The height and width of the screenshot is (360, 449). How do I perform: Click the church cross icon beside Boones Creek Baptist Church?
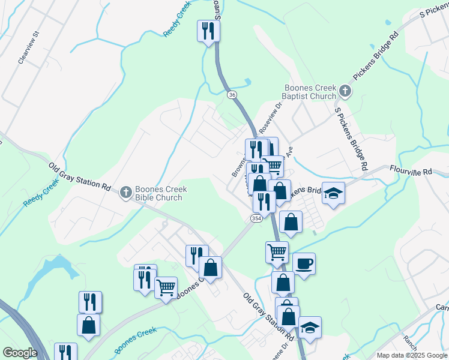[345, 91]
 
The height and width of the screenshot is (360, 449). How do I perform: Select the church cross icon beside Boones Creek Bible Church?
[125, 193]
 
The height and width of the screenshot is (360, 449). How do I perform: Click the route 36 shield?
[232, 94]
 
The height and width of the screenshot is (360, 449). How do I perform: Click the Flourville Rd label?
[411, 171]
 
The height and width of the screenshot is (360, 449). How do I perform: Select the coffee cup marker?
[304, 263]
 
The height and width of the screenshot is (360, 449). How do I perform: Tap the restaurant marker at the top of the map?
[208, 31]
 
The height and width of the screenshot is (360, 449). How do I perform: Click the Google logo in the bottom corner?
[20, 353]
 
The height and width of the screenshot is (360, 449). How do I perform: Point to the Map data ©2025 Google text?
[412, 355]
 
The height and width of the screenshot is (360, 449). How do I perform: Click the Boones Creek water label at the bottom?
[135, 339]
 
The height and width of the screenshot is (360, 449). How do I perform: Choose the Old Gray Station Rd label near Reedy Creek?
[80, 175]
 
